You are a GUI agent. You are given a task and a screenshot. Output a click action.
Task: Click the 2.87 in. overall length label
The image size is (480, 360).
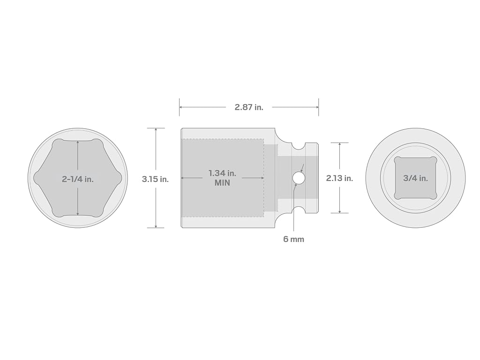(x=249, y=107)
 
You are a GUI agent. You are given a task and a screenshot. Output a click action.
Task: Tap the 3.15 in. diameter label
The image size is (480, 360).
(x=155, y=179)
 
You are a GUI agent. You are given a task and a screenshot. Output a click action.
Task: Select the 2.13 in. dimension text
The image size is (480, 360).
(x=339, y=178)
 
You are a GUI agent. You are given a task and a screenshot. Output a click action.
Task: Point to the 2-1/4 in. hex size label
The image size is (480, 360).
(x=78, y=179)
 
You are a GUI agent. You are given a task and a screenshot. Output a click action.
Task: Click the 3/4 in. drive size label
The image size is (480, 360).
(x=415, y=178)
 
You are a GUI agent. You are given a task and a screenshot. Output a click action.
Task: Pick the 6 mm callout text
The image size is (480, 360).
(x=293, y=239)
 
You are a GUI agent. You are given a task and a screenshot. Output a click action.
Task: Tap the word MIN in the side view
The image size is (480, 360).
(x=222, y=183)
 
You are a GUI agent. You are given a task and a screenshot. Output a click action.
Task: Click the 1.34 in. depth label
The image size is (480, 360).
(x=222, y=173)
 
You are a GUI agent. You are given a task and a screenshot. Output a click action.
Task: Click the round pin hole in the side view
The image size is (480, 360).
(x=299, y=178)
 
